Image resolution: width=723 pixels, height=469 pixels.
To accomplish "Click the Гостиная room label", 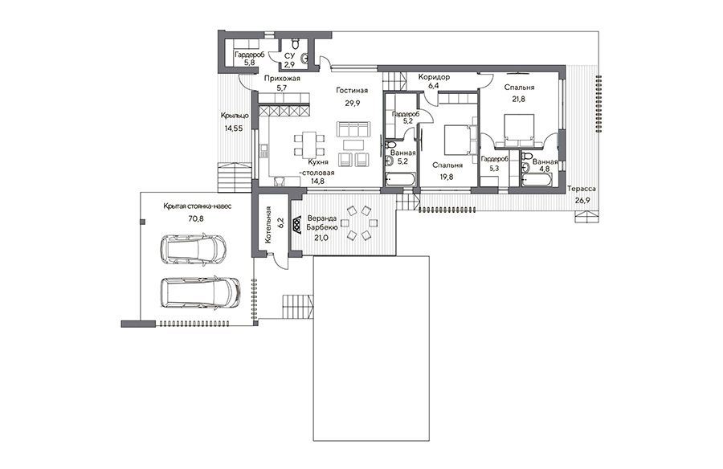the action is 352,91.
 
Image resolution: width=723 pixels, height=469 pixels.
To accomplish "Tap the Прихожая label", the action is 282,79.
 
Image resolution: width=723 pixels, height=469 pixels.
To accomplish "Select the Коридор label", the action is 434,77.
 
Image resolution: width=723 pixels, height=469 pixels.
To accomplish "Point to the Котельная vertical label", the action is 269,226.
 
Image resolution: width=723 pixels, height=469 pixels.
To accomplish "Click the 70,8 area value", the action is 195,218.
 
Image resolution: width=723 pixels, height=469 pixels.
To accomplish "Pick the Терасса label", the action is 582,189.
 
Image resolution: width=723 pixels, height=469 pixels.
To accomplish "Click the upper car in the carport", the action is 193,250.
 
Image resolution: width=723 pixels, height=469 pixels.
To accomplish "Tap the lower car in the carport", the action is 200,292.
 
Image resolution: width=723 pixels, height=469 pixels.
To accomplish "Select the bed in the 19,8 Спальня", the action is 460,139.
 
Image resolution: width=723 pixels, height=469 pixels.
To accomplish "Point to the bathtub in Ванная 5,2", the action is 400,179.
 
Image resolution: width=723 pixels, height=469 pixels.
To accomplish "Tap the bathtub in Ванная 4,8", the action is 537,180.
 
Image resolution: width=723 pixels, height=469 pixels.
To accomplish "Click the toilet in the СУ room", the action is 296,43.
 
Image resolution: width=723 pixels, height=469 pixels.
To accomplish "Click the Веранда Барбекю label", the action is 322,222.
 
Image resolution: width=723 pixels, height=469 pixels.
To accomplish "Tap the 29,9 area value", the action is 353,104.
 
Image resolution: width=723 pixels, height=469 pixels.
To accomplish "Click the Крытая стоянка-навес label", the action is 198,206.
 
